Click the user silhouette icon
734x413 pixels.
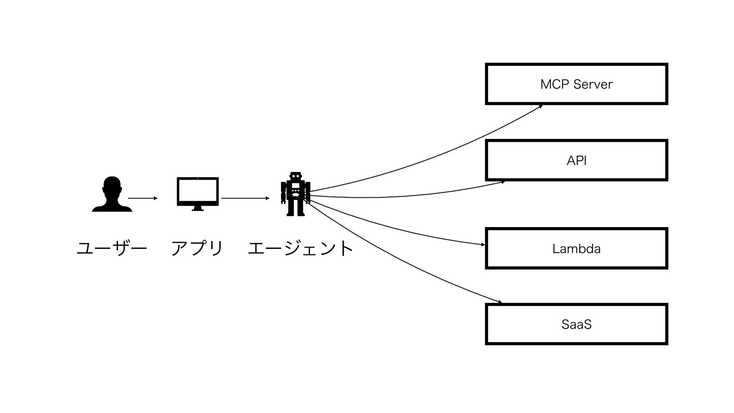[x=112, y=194]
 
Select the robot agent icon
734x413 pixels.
[x=296, y=194]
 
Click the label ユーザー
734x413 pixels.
[x=112, y=249]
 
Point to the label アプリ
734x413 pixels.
[x=197, y=249]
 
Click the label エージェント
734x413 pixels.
[x=300, y=249]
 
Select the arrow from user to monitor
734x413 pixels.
[x=142, y=198]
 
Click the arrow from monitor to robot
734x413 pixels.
[x=245, y=198]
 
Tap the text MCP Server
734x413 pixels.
[x=576, y=84]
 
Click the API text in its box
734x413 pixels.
[x=576, y=161]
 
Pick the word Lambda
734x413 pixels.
[x=576, y=249]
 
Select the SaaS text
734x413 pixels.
[x=576, y=325]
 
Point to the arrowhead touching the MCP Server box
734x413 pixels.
[x=541, y=106]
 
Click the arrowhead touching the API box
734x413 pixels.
[x=503, y=182]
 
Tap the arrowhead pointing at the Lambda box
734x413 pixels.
[x=482, y=244]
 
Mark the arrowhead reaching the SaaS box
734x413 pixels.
[x=500, y=303]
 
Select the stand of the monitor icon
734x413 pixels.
[x=198, y=208]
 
